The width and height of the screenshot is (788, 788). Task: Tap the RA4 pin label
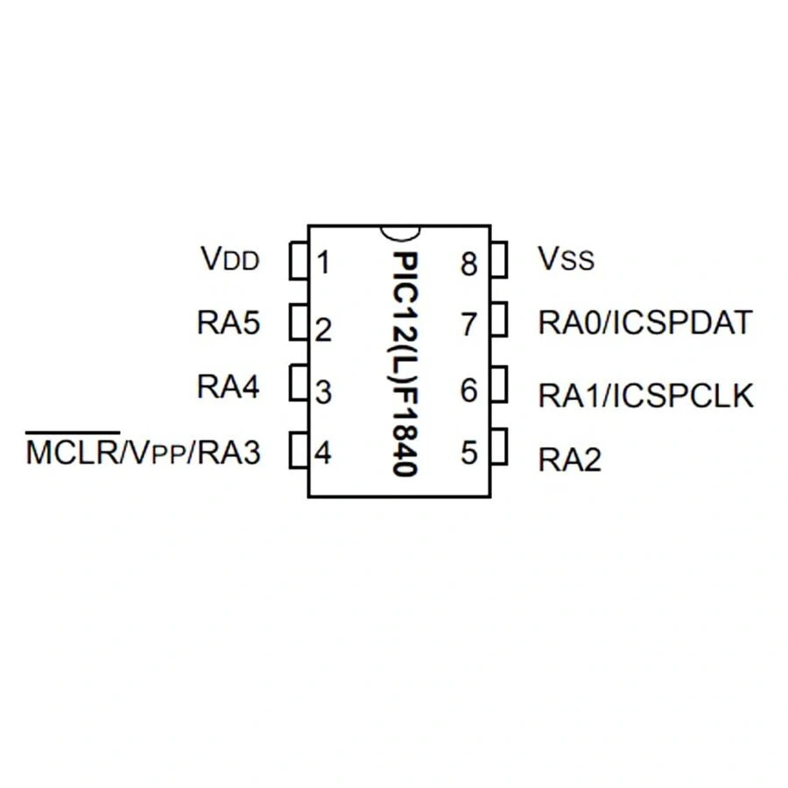coord(229,387)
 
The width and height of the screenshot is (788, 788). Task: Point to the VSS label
coord(566,258)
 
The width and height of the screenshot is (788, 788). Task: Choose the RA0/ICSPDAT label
coord(645,323)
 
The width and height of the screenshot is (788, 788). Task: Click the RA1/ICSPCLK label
coord(645,396)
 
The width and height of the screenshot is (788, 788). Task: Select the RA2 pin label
coord(569,461)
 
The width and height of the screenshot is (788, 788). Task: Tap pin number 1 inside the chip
coord(323,262)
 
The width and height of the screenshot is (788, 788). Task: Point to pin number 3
coord(323,393)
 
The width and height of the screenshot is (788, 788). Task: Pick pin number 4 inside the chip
coord(323,454)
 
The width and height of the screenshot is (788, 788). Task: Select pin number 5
coord(469,453)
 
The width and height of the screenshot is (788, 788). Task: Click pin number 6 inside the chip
coord(469,390)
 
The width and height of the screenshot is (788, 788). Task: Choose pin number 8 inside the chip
coord(469,264)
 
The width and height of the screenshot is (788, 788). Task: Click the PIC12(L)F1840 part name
coord(403,363)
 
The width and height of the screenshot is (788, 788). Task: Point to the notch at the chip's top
coord(399,231)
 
